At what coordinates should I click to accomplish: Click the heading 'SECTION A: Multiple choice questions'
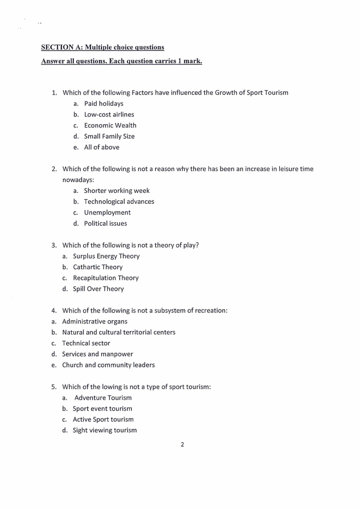(102, 47)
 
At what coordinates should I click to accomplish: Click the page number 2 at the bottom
(182, 445)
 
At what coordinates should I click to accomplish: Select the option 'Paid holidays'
(103, 103)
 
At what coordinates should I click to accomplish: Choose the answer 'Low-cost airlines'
(109, 114)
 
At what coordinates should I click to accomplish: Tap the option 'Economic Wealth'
(110, 125)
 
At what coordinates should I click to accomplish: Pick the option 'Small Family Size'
(109, 136)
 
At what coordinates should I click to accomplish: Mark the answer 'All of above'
(102, 147)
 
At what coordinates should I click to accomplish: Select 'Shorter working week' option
(117, 191)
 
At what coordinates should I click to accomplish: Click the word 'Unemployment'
(107, 212)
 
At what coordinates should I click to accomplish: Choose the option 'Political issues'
(105, 223)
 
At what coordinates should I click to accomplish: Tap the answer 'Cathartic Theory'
(97, 267)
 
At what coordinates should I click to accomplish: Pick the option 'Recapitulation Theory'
(106, 278)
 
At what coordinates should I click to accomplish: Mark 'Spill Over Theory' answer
(98, 289)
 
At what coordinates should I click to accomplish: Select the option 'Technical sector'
(86, 343)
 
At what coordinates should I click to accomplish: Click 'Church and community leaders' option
(108, 365)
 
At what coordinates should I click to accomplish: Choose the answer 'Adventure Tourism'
(103, 397)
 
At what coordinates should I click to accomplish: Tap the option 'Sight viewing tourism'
(105, 430)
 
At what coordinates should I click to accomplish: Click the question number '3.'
(54, 245)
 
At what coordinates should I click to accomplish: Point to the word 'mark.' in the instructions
(193, 61)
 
